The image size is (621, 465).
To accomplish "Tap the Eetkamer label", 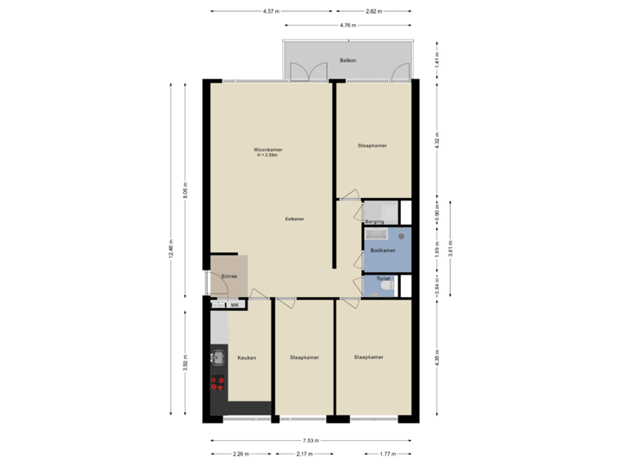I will point(295,219).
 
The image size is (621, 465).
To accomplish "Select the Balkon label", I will point(348,61).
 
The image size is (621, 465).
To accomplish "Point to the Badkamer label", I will point(382,251).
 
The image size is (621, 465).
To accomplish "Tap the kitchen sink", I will point(216,357).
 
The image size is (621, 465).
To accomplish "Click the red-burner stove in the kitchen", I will point(217,383).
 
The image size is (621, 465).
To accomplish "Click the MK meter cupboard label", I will point(234,305).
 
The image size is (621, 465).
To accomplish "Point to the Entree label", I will point(229,276).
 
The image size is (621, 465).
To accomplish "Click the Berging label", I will point(374,222).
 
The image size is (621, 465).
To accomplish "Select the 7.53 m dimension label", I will point(311,440).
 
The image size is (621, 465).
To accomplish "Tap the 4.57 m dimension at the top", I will point(271,12).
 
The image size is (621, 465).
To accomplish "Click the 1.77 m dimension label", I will point(387,453).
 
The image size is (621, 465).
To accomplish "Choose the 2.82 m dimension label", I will point(373,12).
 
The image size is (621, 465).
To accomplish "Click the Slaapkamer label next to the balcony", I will point(372,146).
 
